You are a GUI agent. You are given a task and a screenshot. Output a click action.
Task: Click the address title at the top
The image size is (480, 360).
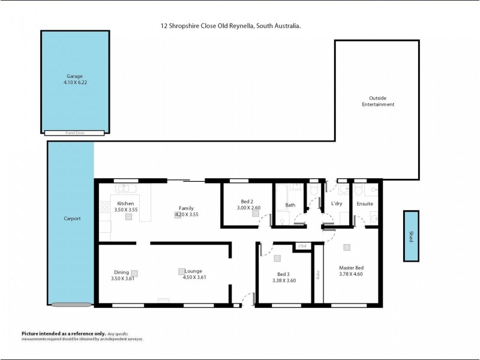click(x=227, y=26)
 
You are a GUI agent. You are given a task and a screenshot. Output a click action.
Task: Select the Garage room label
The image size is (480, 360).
click(x=74, y=76)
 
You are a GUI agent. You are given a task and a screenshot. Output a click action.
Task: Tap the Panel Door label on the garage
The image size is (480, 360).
click(x=74, y=132)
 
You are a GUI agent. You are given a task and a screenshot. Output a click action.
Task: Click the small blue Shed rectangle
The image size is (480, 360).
click(x=411, y=236)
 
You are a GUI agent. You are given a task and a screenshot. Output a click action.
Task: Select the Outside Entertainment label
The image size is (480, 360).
click(x=377, y=101)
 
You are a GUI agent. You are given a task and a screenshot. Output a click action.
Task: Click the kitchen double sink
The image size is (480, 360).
click(x=126, y=188)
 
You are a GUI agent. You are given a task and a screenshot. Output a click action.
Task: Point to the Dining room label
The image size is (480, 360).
click(x=122, y=272)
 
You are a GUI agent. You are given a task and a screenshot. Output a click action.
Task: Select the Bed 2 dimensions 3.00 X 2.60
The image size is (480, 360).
click(x=248, y=208)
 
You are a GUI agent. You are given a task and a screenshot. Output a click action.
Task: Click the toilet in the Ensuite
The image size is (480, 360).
click(x=359, y=191)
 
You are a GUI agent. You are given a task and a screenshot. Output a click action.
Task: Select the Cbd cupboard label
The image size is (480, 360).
click(x=302, y=246)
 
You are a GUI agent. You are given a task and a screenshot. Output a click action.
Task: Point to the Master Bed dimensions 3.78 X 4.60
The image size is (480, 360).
click(x=351, y=274)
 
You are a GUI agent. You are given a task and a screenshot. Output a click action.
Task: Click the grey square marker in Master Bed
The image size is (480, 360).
click(x=346, y=247)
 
